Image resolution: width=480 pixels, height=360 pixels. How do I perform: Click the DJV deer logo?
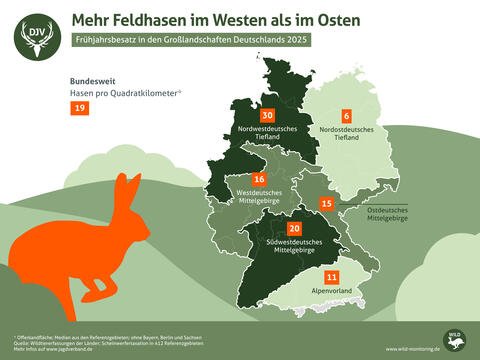[36, 37]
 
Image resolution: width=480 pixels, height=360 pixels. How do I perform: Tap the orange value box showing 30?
[267, 115]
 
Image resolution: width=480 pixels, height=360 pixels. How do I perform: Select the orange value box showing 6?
[347, 115]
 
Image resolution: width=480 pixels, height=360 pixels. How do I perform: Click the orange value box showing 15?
[326, 204]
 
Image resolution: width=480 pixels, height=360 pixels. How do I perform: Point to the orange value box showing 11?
[332, 276]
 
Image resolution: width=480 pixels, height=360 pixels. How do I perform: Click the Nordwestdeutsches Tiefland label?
[267, 133]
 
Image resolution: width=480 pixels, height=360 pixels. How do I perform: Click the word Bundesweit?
[92, 80]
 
